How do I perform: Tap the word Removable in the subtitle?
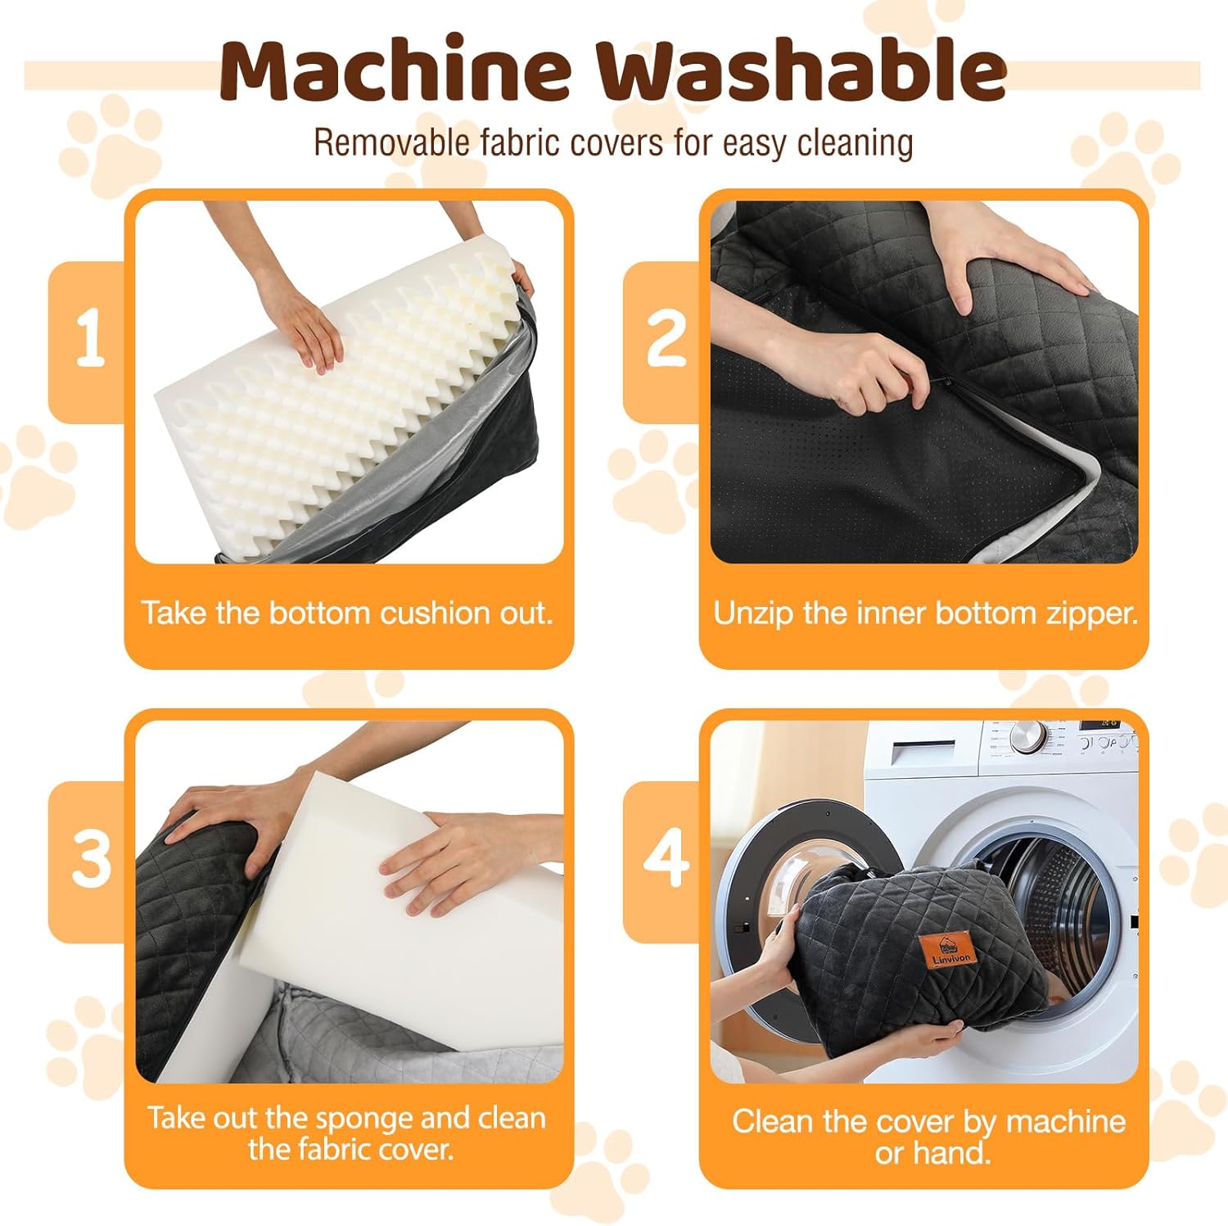pos(392,143)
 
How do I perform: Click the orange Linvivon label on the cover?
pos(946,950)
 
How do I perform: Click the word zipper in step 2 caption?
pos(1090,614)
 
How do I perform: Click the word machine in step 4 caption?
pos(1066,1121)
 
